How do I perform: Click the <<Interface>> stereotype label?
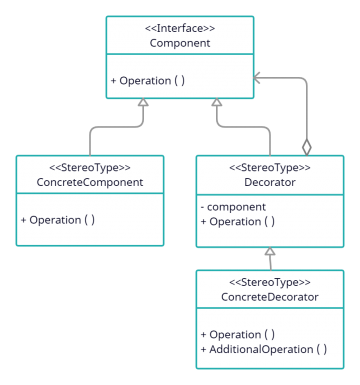point(180,28)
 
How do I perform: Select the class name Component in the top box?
point(180,43)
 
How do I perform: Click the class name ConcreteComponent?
point(89,182)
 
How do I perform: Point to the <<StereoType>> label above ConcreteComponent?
point(89,167)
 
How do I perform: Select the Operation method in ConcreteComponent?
point(58,219)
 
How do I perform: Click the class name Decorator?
point(268,182)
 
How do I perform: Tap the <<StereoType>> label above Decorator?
point(268,167)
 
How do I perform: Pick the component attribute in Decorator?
point(236,206)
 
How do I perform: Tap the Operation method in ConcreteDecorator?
point(238,334)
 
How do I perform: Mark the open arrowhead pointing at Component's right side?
point(258,74)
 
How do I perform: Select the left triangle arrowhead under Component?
point(143,103)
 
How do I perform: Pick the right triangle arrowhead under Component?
point(217,103)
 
